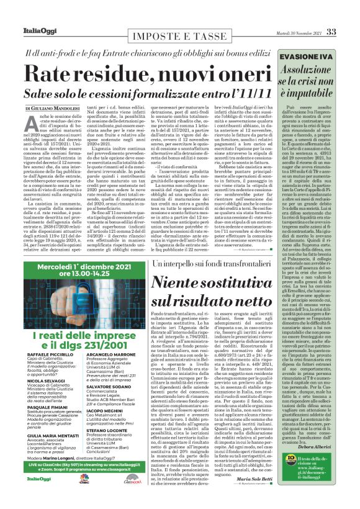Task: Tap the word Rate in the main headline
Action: coord(51,76)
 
